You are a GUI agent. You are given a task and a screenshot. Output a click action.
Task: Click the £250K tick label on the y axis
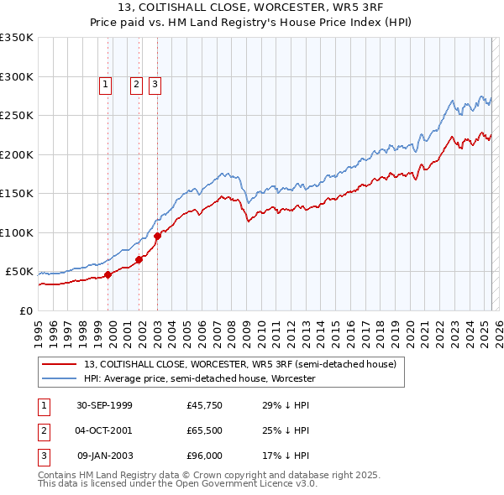click(17, 116)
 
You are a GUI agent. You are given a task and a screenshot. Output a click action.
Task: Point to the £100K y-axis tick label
click(17, 232)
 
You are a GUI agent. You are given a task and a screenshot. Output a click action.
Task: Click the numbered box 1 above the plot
click(106, 83)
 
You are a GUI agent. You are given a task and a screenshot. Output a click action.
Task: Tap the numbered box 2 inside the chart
click(136, 83)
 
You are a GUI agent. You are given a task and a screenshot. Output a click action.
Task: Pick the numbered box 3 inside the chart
click(155, 83)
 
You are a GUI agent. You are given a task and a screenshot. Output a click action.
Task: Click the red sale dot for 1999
click(108, 274)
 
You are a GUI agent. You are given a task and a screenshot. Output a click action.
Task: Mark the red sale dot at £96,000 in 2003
click(157, 237)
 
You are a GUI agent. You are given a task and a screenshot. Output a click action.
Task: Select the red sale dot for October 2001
click(139, 259)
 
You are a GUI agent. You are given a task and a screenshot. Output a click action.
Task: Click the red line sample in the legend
click(59, 364)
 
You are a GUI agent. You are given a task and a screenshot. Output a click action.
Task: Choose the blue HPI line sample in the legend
click(59, 379)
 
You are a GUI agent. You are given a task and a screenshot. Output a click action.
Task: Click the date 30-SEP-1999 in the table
click(104, 405)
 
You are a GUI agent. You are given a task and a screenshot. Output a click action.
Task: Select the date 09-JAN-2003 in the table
click(104, 456)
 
